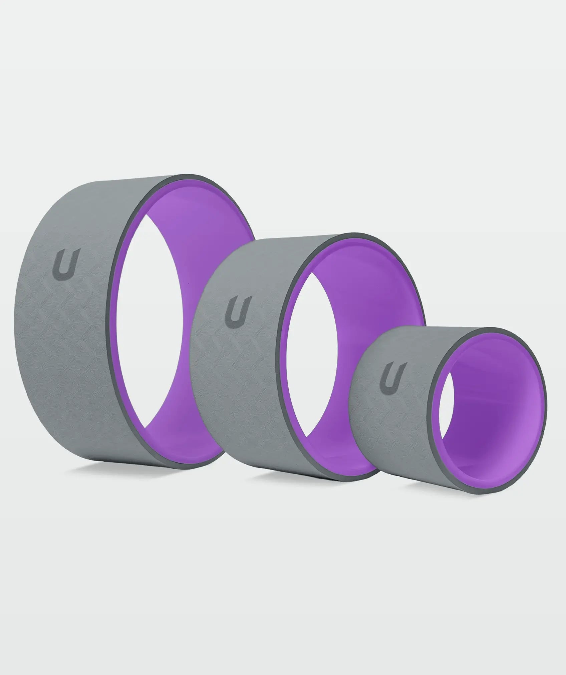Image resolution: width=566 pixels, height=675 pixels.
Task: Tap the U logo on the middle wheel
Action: pyautogui.click(x=238, y=310)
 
